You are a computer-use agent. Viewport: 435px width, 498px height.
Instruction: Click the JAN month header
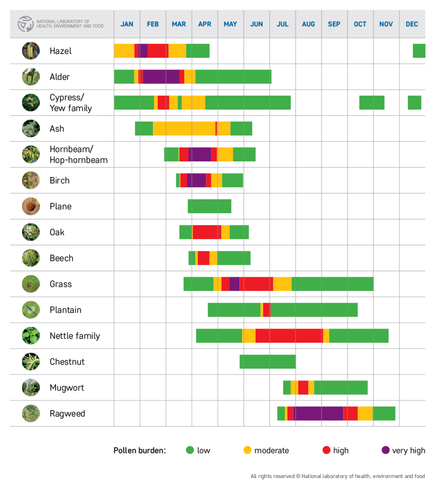(x=127, y=24)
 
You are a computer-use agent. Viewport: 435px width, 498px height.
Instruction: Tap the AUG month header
(x=309, y=24)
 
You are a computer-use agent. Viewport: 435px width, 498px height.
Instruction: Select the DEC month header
(x=412, y=24)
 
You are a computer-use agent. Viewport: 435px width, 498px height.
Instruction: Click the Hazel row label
(x=61, y=51)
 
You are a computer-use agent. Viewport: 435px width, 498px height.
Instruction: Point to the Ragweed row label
(x=67, y=414)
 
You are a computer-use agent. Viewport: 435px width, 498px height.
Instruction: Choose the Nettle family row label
(x=75, y=336)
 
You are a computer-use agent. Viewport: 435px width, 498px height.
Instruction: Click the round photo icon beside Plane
(x=31, y=206)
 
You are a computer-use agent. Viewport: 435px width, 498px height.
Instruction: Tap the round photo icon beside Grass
(x=31, y=284)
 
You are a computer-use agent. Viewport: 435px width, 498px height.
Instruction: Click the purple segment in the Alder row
(x=161, y=77)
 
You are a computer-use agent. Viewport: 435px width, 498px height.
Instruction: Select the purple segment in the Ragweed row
(x=318, y=413)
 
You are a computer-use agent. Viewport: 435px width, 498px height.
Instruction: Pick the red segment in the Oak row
(x=206, y=232)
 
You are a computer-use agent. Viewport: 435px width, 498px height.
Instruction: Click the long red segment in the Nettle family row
(x=289, y=336)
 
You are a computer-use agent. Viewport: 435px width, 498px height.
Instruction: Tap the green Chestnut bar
(x=267, y=361)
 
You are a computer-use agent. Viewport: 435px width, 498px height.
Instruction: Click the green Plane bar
(x=210, y=206)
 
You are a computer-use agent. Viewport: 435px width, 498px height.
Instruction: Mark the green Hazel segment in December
(x=419, y=51)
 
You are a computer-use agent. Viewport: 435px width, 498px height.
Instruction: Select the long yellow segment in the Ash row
(x=184, y=128)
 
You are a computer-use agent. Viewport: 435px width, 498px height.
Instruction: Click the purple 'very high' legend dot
(x=386, y=451)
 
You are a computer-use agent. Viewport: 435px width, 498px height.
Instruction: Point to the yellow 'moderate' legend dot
(x=247, y=451)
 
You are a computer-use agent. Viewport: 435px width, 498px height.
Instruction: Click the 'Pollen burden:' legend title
(x=139, y=451)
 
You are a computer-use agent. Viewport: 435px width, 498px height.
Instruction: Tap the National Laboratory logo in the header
(x=25, y=24)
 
